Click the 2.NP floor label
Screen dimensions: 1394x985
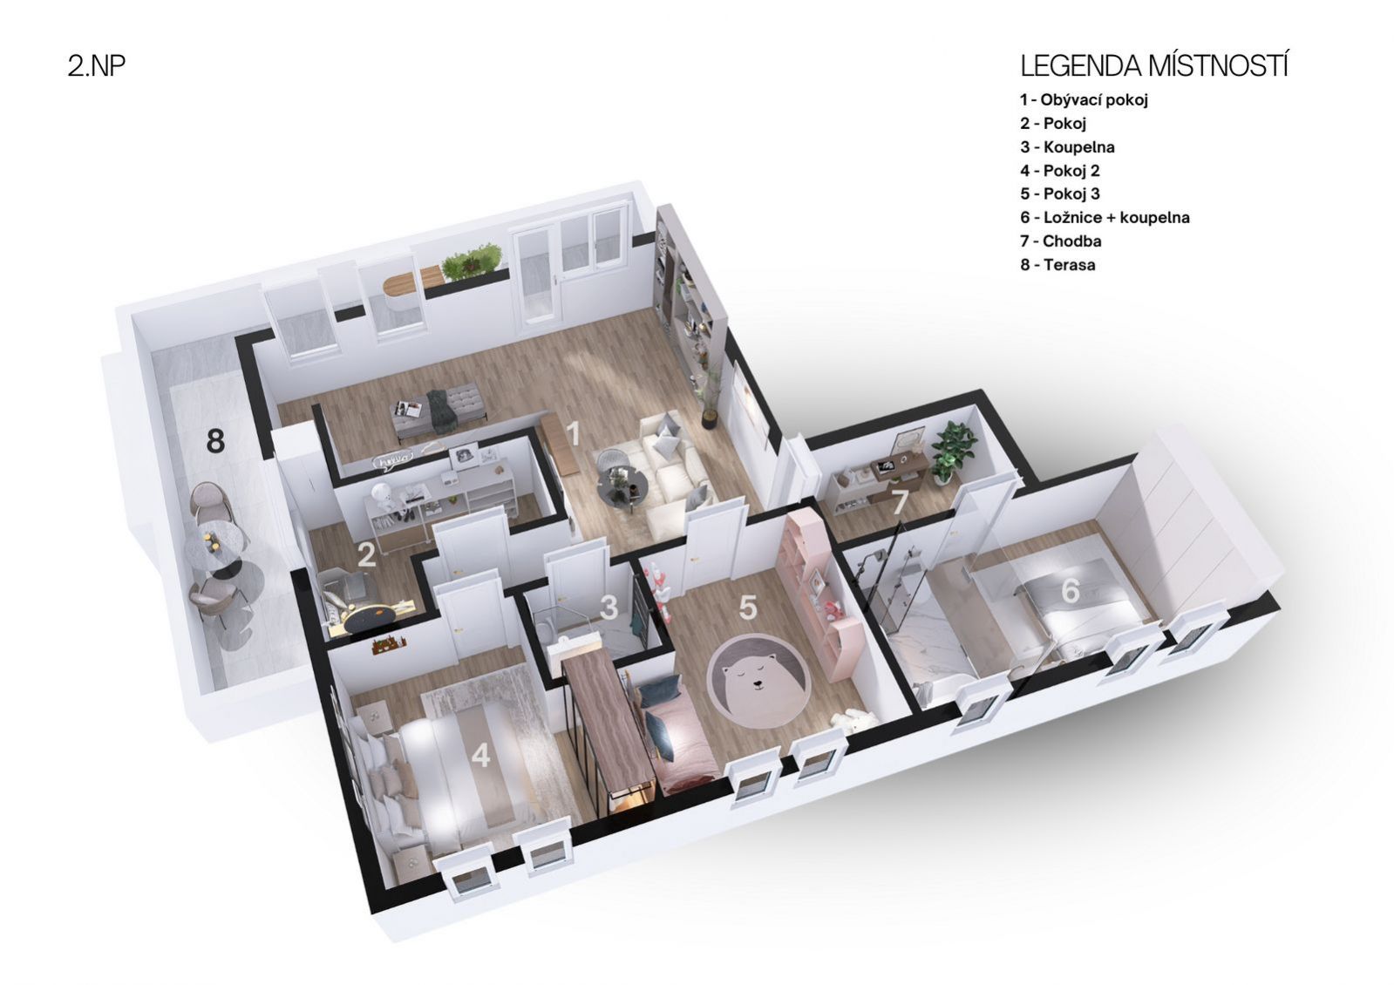(97, 65)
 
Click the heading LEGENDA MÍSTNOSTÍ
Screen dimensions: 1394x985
(1153, 66)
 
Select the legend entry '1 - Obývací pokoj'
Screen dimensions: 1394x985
(1084, 99)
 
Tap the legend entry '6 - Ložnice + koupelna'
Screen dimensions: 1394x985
(1105, 217)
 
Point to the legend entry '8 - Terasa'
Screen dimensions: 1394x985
(1057, 264)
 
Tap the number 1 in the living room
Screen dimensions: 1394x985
(573, 433)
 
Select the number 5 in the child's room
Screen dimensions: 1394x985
(747, 607)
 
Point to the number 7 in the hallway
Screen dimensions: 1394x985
(898, 503)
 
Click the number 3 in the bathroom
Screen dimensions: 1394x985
(609, 608)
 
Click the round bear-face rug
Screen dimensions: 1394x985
(758, 681)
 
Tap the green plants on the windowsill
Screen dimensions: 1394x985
(472, 260)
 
